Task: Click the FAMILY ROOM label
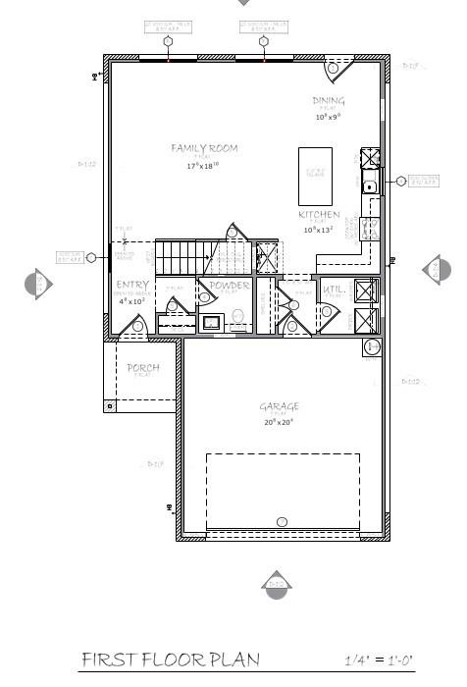click(204, 148)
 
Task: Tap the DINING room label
click(329, 101)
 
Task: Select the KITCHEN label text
click(319, 214)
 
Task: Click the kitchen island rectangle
click(315, 176)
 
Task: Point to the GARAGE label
click(279, 406)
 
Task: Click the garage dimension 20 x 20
click(279, 422)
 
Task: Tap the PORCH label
click(143, 368)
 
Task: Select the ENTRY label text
click(132, 286)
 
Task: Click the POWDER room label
click(230, 286)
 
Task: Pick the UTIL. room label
click(334, 289)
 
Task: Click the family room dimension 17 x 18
click(203, 166)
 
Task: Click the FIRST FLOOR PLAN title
click(171, 659)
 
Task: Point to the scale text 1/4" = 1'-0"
click(379, 660)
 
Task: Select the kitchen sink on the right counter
click(370, 186)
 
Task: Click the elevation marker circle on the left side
click(37, 284)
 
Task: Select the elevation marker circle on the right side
click(437, 269)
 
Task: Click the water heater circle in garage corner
click(372, 347)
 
